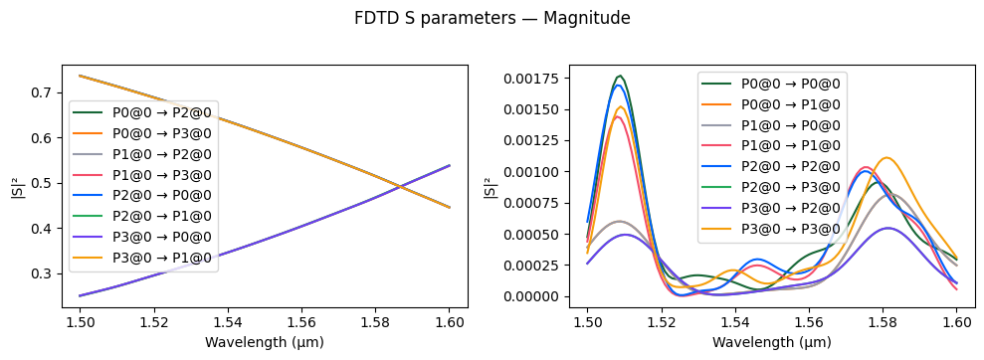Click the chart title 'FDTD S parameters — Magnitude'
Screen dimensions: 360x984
pyautogui.click(x=492, y=18)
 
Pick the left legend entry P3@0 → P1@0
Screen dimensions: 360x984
pyautogui.click(x=161, y=260)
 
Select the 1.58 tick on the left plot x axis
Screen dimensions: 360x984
pyautogui.click(x=387, y=322)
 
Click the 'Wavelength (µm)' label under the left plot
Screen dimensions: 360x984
pyautogui.click(x=265, y=342)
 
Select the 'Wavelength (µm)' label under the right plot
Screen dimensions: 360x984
pyautogui.click(x=772, y=342)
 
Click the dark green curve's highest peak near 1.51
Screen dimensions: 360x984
pyautogui.click(x=620, y=76)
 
